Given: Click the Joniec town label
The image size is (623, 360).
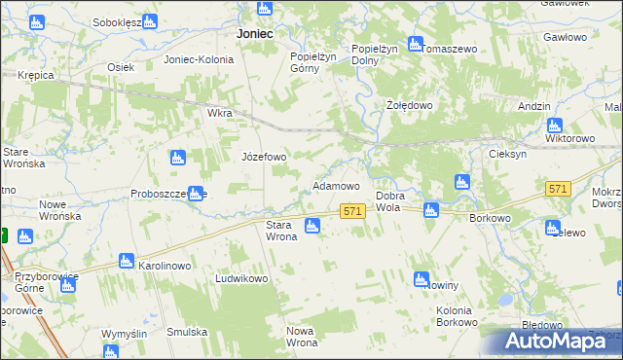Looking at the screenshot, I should point(254,33).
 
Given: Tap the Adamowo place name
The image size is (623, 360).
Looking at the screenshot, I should point(336,185).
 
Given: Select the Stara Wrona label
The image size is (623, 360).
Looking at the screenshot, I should point(281,231).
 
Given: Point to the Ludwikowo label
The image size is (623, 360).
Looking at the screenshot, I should point(241,278).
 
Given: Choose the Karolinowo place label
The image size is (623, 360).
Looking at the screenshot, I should point(168,265).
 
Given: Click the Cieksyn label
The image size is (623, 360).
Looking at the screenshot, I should point(508,154).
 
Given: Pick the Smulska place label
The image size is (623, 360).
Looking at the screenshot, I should point(187,332).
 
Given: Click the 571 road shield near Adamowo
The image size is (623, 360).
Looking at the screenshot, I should point(352,210).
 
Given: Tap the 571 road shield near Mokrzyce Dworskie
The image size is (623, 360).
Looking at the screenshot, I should point(558,189).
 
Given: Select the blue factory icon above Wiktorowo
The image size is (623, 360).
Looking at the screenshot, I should point(555,125).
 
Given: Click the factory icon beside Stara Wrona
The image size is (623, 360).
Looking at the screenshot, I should point(311,227).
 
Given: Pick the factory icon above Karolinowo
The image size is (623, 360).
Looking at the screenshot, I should point(125,261).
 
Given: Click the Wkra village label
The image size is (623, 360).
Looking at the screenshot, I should point(219,113).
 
